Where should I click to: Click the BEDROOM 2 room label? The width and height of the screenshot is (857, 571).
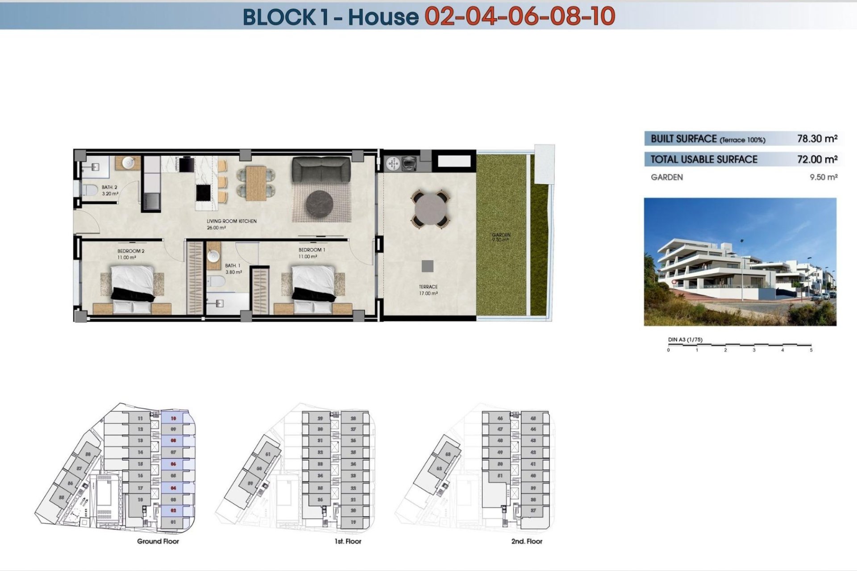point(131,251)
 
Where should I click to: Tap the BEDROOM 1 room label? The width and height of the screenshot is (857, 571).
point(312,250)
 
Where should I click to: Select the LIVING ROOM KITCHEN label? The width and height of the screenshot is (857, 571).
point(231,221)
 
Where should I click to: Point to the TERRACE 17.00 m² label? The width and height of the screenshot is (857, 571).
point(428,290)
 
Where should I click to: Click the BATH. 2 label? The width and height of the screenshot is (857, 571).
point(109,188)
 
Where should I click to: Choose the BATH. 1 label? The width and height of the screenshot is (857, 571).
point(233,266)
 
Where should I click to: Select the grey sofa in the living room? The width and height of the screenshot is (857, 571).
point(321,170)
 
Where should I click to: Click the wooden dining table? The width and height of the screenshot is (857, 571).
point(256,183)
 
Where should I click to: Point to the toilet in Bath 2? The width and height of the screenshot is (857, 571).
point(91,190)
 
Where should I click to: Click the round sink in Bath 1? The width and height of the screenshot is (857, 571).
point(214,256)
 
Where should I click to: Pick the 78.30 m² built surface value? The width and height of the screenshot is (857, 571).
point(817,139)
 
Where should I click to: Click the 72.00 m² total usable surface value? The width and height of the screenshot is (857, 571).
point(817,159)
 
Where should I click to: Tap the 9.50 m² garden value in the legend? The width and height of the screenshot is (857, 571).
point(824,177)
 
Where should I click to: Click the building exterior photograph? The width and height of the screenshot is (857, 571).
point(740,262)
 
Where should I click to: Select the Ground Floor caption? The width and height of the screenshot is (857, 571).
point(158,541)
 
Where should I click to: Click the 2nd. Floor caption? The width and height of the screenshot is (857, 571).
point(527,541)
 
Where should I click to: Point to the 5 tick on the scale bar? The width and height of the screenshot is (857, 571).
point(811,350)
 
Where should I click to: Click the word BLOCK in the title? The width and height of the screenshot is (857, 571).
point(279,17)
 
